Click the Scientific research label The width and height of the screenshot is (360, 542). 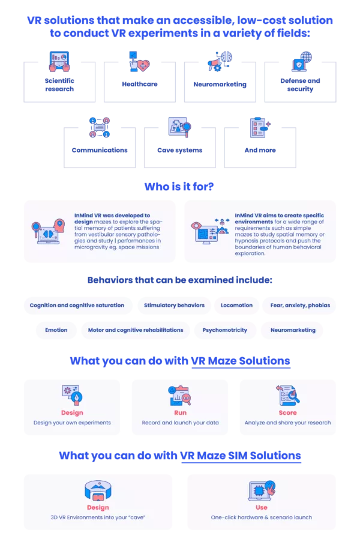point(59,85)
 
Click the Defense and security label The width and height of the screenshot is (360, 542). point(300,85)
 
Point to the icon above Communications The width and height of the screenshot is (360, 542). point(100,127)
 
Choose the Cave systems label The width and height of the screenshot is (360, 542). point(179,150)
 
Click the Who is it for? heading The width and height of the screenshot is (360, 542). point(179,187)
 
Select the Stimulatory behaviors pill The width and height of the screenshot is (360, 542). point(174,306)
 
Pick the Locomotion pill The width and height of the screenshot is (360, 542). point(236,306)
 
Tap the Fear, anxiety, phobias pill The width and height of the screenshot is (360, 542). point(300,306)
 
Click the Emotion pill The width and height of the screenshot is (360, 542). point(56,330)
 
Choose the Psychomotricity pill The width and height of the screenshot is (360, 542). point(225,330)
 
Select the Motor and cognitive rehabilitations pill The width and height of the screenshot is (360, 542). point(136,330)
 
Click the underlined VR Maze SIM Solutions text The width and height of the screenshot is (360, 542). point(241,456)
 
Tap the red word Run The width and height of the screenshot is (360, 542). point(181,412)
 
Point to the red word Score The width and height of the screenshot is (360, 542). point(288,412)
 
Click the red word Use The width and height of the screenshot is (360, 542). point(262,507)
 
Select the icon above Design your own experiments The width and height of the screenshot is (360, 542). point(72,395)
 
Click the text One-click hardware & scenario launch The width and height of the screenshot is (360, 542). point(262,517)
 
